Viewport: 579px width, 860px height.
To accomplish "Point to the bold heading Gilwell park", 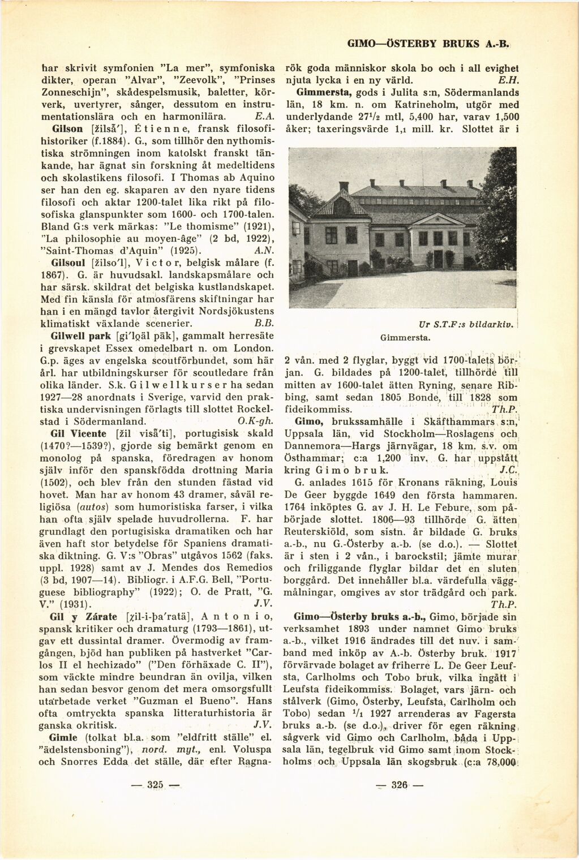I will pos(74,336).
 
